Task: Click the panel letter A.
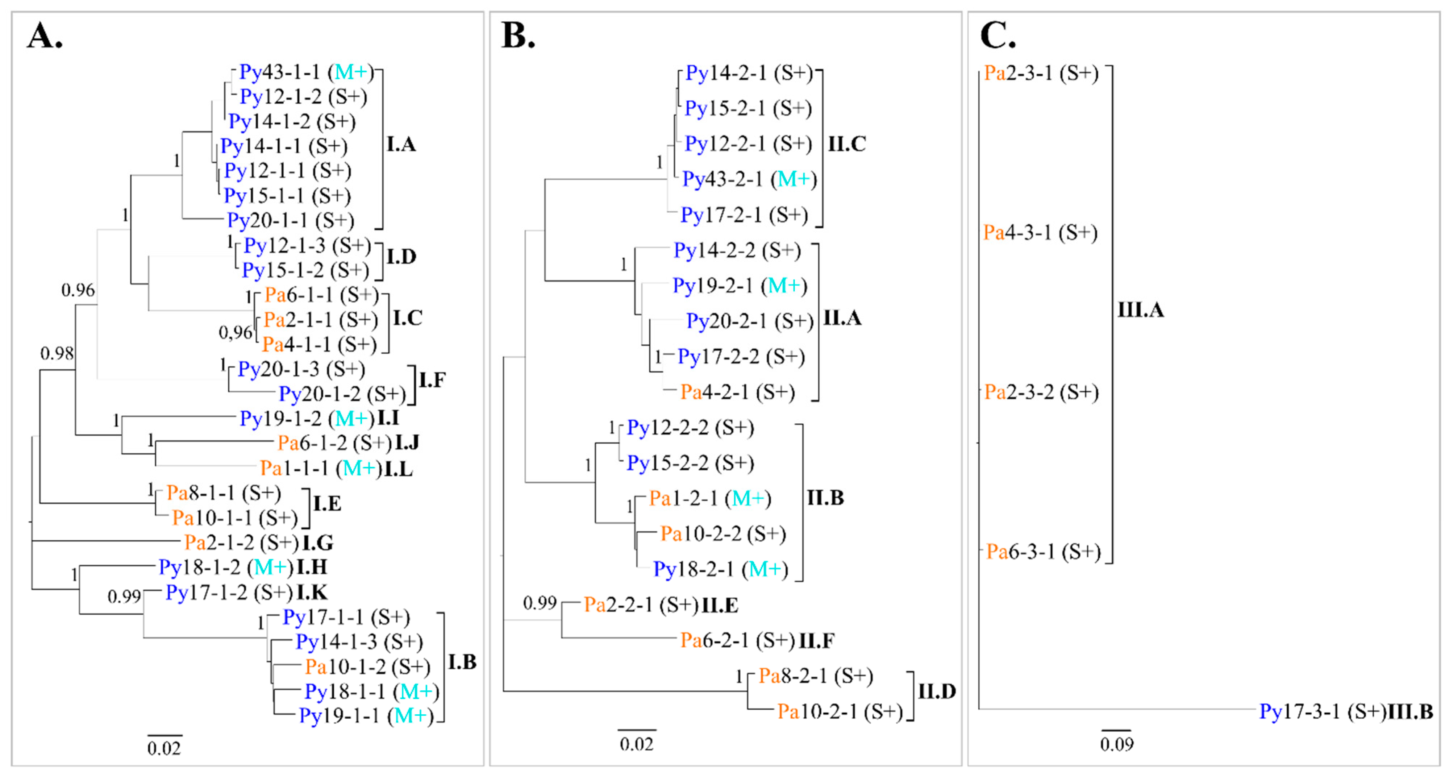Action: [45, 37]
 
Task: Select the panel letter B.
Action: [517, 37]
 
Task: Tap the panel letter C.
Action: [997, 37]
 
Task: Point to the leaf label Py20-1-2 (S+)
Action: [342, 394]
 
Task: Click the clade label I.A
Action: [401, 145]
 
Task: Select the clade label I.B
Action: [462, 662]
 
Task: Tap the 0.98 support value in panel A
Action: [57, 353]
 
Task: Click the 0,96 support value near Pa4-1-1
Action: [235, 333]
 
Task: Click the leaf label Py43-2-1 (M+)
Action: [749, 179]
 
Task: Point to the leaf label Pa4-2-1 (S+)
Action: [737, 392]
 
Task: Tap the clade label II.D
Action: [937, 691]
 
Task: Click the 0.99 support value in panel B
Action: [540, 603]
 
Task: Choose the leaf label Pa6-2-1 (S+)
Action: [737, 640]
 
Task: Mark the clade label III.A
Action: [1140, 310]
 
